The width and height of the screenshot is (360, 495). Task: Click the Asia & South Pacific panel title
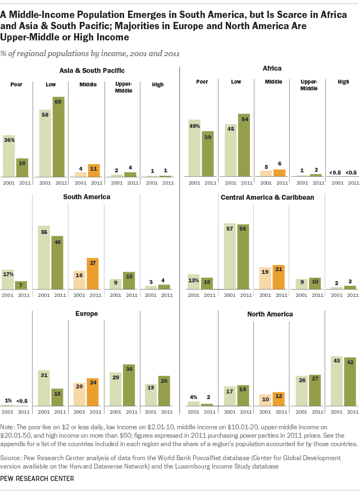coord(92,70)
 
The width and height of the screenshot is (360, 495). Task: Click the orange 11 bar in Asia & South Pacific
coord(94,171)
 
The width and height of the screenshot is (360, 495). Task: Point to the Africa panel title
coord(272,69)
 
